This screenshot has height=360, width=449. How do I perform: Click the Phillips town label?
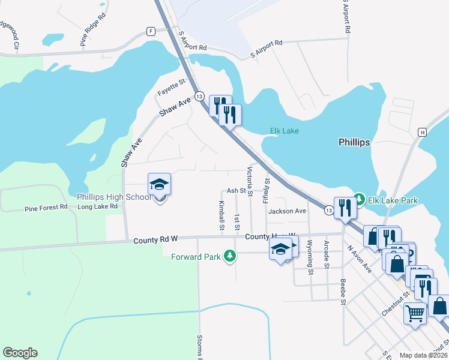click(x=354, y=143)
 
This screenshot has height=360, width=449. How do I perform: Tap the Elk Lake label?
click(x=284, y=131)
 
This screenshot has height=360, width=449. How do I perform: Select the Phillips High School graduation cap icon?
click(x=160, y=184)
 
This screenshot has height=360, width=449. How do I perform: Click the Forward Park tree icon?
click(x=229, y=256)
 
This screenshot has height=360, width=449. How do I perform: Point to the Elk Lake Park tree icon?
click(x=359, y=198)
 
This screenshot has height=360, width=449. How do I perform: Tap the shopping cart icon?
click(x=415, y=312)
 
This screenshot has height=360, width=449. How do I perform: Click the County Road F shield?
click(x=151, y=31)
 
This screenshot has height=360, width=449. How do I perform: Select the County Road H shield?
click(x=423, y=132)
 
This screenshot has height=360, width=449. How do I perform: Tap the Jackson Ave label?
click(x=287, y=211)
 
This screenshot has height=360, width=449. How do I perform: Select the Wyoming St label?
click(x=310, y=257)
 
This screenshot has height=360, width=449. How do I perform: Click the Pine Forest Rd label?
click(x=48, y=209)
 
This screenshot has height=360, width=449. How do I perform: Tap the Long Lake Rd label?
click(x=97, y=206)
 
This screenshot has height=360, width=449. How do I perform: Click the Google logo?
click(x=20, y=353)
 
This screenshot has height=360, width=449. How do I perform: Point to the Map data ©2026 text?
click(x=423, y=355)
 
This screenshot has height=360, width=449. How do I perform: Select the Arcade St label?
click(x=327, y=254)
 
